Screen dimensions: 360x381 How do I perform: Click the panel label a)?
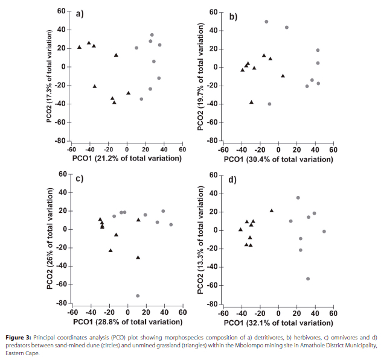(78, 14)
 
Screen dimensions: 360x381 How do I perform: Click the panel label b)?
(233, 16)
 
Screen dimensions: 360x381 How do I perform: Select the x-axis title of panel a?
(126, 159)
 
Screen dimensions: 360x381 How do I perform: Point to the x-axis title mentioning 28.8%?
(126, 322)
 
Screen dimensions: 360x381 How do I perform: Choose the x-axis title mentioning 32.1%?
(278, 323)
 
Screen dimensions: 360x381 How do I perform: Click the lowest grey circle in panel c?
(138, 296)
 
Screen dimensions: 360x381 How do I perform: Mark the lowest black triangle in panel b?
(251, 102)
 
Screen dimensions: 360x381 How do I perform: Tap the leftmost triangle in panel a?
(79, 47)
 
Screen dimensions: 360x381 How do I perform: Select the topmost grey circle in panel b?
(266, 22)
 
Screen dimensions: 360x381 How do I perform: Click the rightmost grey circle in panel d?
(324, 232)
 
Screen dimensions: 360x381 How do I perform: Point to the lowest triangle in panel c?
(138, 257)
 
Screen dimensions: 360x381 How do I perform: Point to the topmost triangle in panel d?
(272, 210)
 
